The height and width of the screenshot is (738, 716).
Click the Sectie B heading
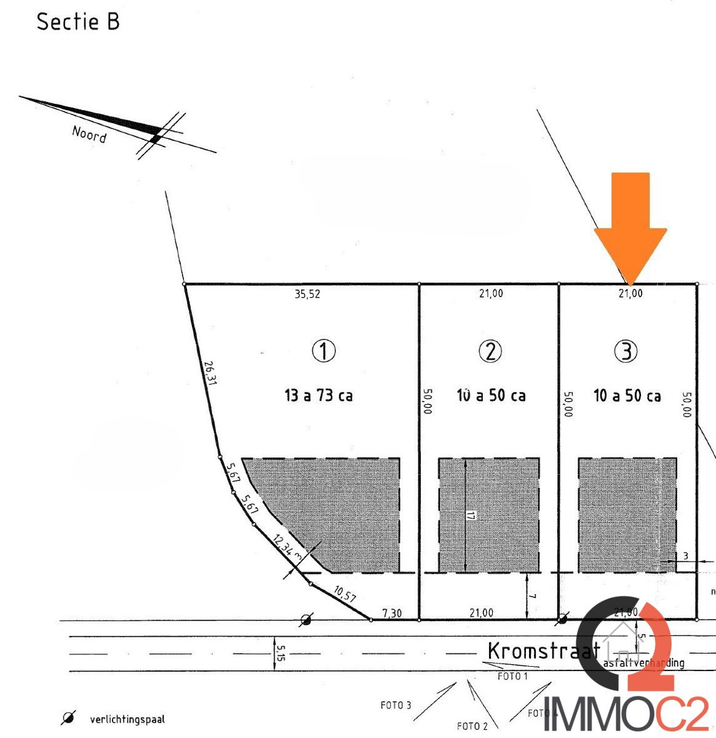(78, 22)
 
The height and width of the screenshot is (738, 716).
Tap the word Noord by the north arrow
(89, 133)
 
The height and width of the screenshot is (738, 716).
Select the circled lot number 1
(324, 351)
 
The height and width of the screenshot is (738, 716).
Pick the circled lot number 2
(490, 351)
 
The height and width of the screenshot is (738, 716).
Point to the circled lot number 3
(626, 351)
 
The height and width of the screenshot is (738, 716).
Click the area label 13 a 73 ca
(319, 395)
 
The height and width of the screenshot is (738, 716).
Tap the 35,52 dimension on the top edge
(307, 295)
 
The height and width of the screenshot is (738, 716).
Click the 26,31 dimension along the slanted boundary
(210, 373)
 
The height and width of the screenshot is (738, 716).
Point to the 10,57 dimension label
(344, 594)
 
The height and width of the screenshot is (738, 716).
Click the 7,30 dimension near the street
(392, 613)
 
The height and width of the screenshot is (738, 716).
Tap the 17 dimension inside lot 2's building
(471, 515)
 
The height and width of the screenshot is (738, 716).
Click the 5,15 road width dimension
(281, 653)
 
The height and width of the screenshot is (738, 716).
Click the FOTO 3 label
(396, 705)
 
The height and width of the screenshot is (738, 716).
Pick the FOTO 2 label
(472, 726)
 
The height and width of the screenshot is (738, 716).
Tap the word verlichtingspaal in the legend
(127, 719)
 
